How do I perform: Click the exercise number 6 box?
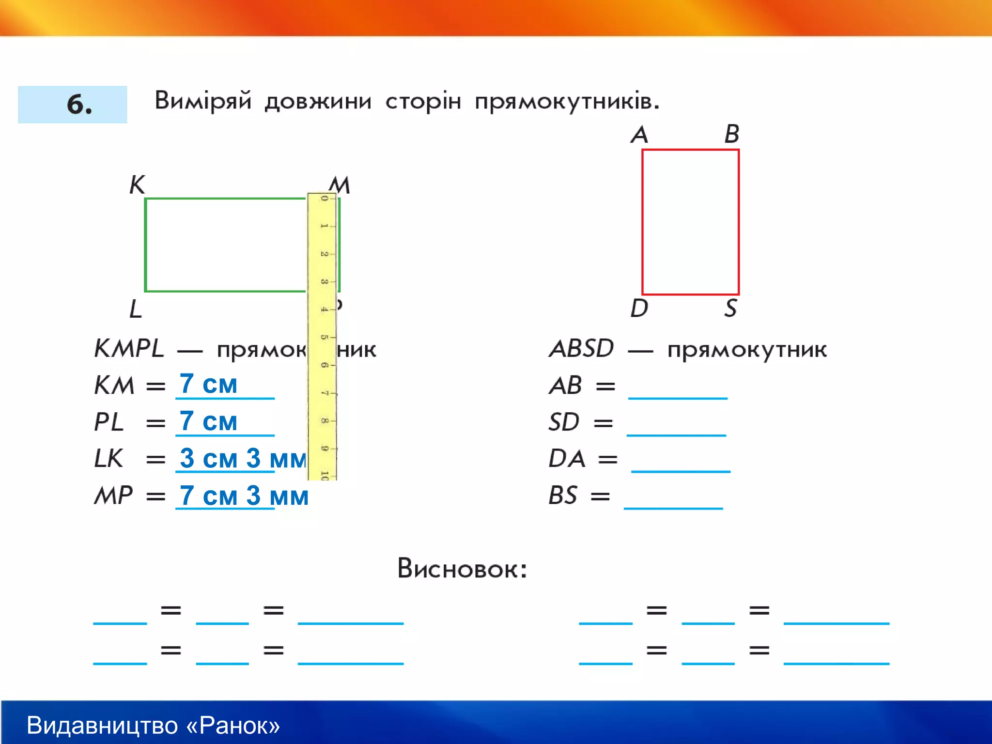coord(73,105)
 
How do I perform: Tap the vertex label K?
coord(137,185)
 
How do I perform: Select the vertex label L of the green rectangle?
coord(136,309)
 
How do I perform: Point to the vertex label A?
coord(639,134)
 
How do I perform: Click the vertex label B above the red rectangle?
coord(731,134)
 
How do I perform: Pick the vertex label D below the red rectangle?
coord(639,308)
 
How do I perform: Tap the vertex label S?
coord(730,308)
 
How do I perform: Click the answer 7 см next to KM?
coord(208,385)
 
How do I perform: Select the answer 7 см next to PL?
coord(208,421)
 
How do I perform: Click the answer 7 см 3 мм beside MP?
coord(244,496)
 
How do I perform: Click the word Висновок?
coord(462,569)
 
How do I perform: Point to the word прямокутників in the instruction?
coord(567,102)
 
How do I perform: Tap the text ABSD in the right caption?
coord(581,349)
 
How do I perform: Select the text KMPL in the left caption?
coord(129,349)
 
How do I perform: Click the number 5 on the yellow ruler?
coord(324,337)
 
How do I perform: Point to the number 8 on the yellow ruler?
coord(324,421)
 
